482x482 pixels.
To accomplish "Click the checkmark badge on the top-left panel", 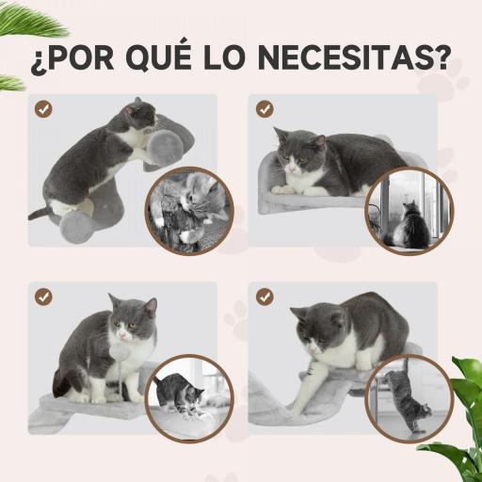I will [x=44, y=109].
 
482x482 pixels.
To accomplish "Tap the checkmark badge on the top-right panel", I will [x=265, y=109].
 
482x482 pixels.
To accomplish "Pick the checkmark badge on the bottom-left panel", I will [x=44, y=297].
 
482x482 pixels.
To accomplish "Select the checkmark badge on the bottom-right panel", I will [x=265, y=297].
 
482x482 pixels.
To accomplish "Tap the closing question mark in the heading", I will [x=434, y=59].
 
